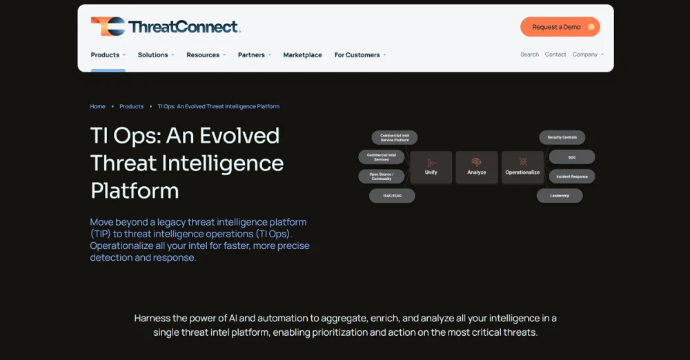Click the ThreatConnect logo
(x=166, y=27)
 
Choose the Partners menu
(x=254, y=55)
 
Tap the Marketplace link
(x=302, y=55)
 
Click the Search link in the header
(x=529, y=54)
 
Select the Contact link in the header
(x=555, y=54)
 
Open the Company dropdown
(x=587, y=54)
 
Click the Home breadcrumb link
(x=97, y=106)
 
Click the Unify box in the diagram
(x=431, y=167)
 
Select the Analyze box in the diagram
(x=477, y=167)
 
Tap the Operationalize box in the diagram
(x=522, y=167)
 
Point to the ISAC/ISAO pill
(x=392, y=196)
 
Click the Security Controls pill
(x=562, y=137)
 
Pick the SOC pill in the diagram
(x=571, y=157)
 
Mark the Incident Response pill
(x=572, y=177)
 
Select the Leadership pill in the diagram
(x=560, y=196)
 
